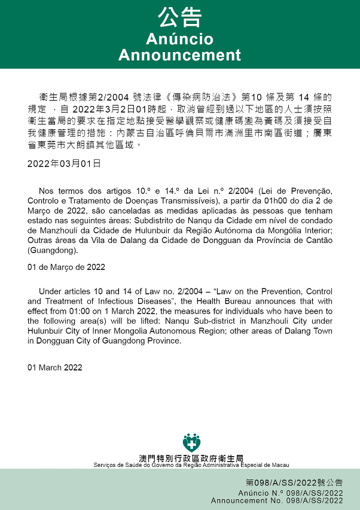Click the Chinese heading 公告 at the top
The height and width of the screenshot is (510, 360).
tap(179, 17)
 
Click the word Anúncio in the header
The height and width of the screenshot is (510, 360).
tap(179, 40)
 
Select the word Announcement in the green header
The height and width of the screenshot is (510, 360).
tap(179, 55)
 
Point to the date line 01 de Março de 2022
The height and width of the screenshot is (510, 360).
tap(66, 266)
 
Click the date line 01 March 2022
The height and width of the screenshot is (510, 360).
tap(55, 367)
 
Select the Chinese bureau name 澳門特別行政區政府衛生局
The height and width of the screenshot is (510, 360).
tap(191, 458)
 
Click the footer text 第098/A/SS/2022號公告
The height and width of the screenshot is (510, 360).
tap(294, 482)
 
